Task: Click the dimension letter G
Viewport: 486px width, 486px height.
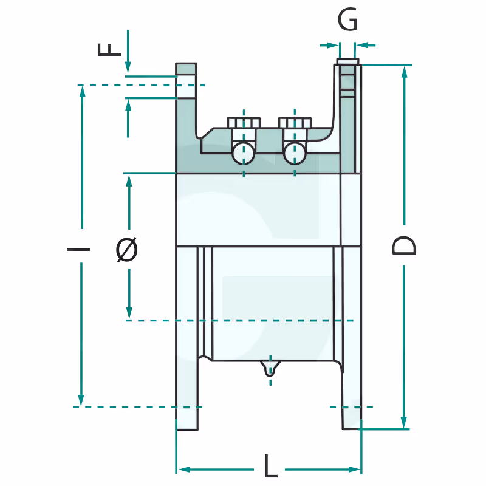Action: point(347,19)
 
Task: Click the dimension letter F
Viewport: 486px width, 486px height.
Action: point(109,50)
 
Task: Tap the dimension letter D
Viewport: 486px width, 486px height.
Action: point(403,245)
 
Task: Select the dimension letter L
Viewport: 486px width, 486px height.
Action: point(270,466)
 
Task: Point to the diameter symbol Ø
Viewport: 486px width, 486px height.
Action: point(127,250)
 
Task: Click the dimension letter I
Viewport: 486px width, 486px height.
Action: point(78,249)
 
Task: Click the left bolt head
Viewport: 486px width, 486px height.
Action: point(244,123)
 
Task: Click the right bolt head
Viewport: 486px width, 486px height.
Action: point(295,123)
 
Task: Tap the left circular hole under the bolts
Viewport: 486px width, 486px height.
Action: point(244,154)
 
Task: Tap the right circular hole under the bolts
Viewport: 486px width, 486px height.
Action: point(295,154)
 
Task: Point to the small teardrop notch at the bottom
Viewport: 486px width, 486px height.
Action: point(270,368)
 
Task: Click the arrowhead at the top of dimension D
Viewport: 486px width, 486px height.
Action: point(404,72)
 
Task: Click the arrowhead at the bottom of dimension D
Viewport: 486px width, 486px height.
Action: point(403,422)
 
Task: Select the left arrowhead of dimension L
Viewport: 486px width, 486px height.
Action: point(185,470)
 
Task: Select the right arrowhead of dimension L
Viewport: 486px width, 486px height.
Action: point(354,470)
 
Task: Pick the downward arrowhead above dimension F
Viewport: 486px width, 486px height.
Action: point(128,67)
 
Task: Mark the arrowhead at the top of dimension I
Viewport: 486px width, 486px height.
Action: point(82,92)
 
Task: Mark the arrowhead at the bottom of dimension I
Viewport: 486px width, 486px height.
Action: point(81,400)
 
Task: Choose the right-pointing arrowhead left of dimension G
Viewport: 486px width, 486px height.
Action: point(333,46)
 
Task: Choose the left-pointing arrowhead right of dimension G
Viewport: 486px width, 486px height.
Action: point(361,46)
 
